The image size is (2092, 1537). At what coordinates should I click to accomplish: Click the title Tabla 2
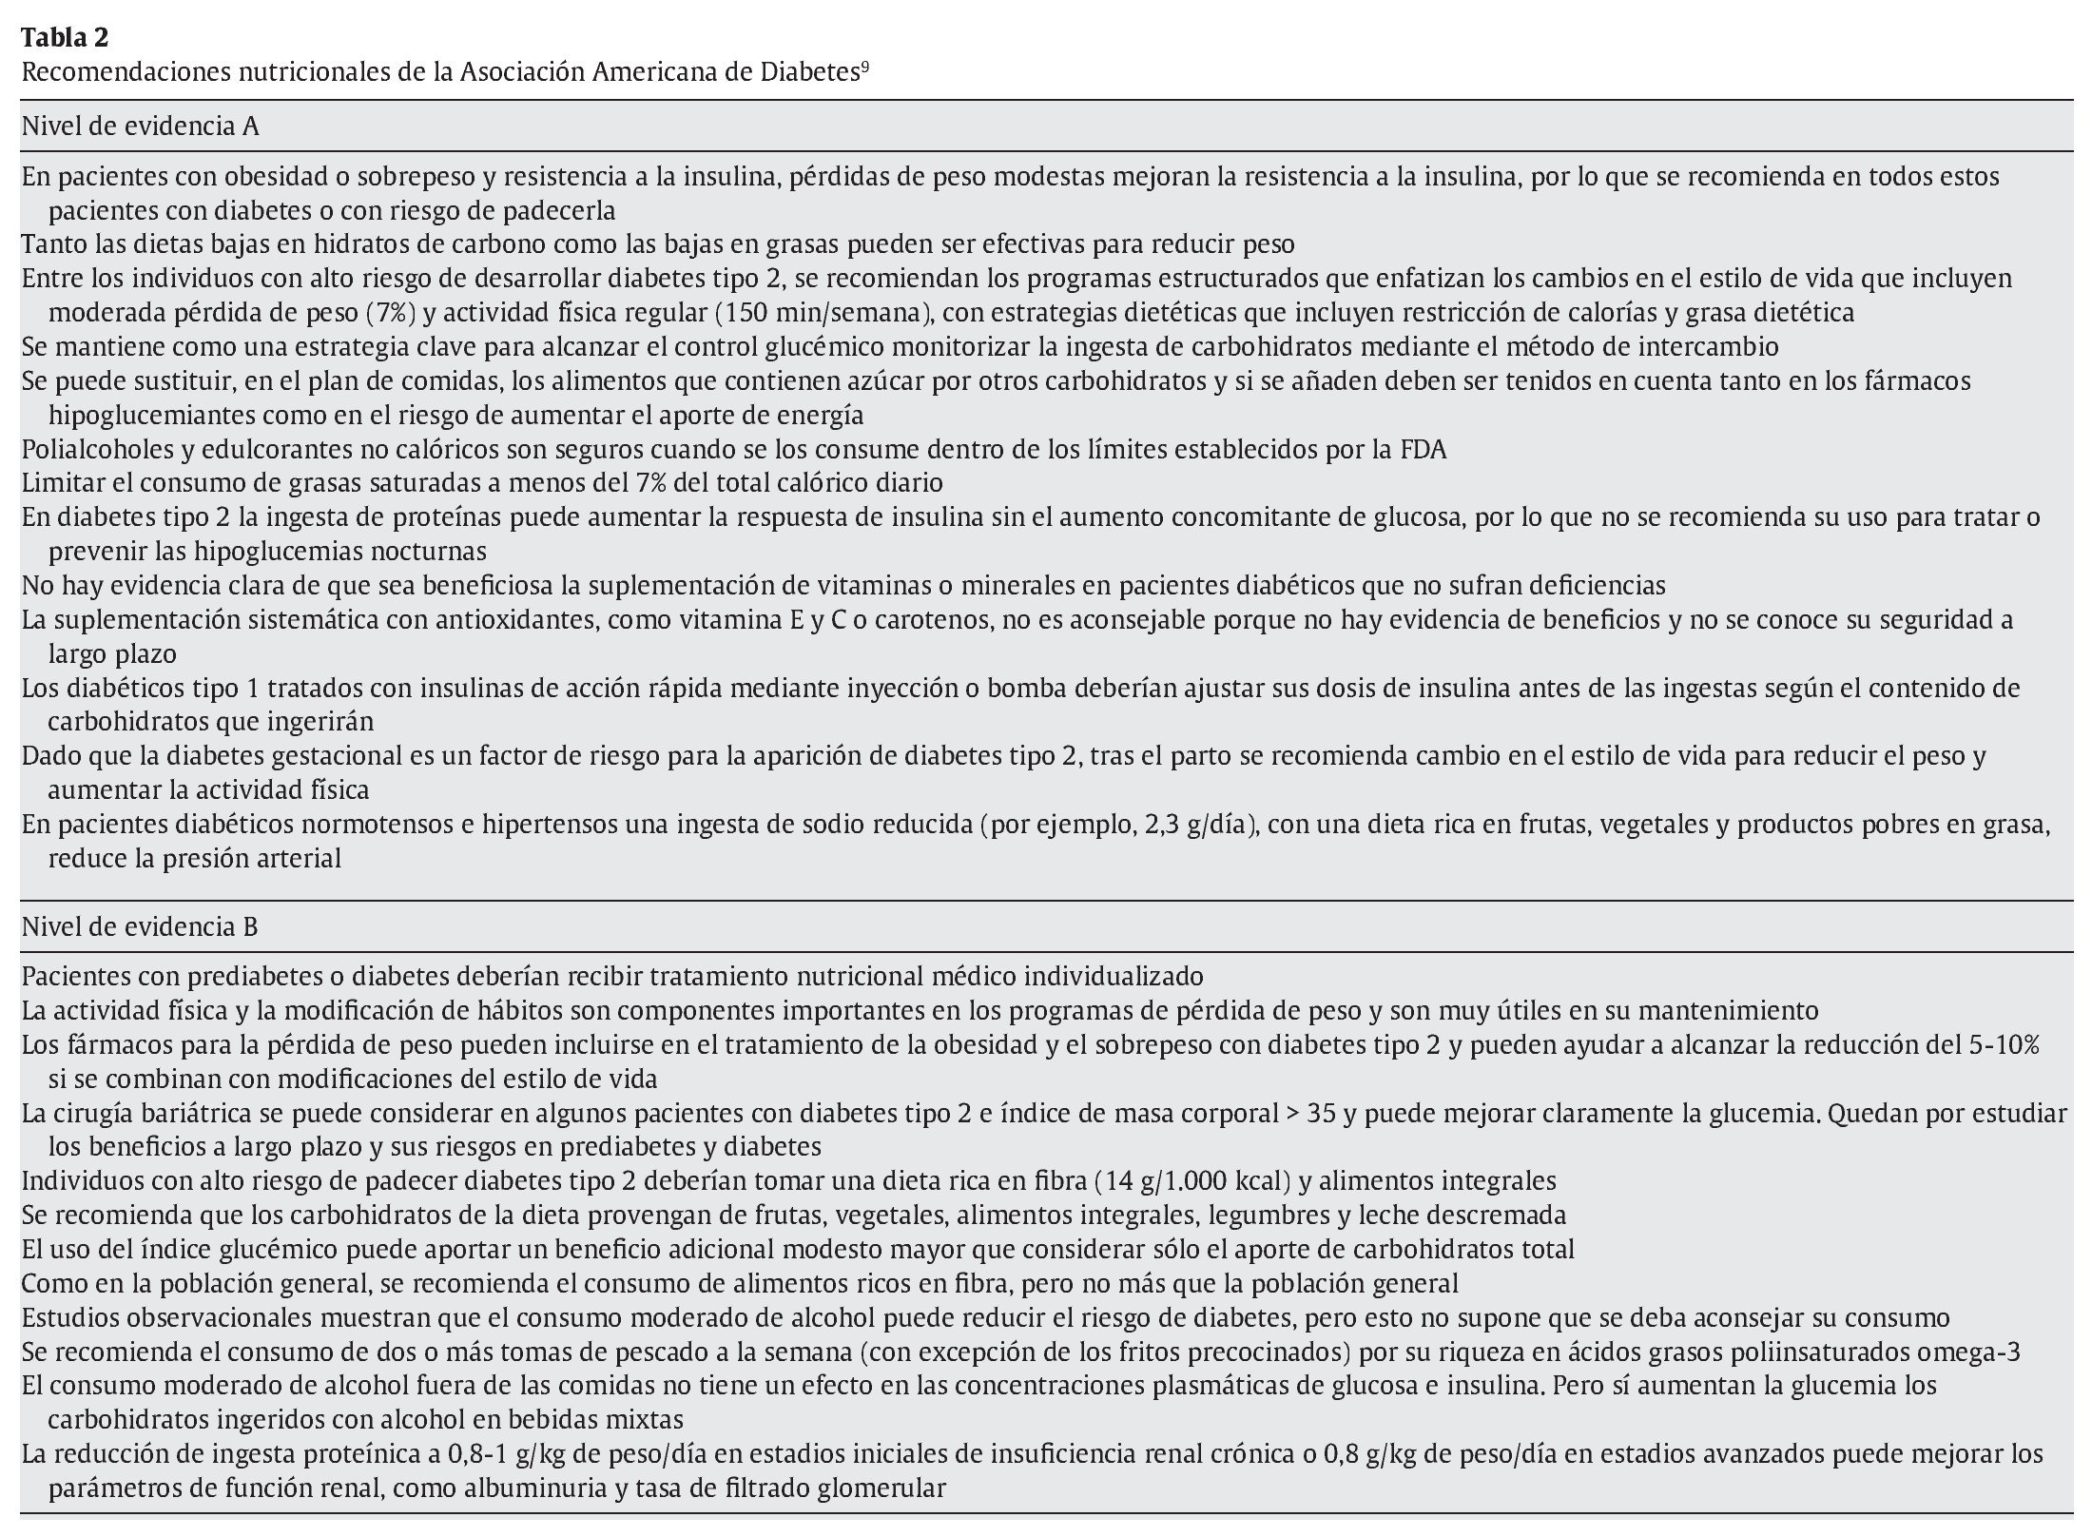(x=65, y=38)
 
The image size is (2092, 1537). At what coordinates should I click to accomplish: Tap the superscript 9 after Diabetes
(x=864, y=67)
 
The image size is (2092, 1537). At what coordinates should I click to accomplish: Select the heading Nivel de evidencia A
(x=140, y=126)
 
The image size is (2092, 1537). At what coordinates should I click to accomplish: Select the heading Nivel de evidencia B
(x=140, y=927)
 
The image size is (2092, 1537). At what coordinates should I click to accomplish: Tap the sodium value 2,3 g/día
(x=1194, y=825)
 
